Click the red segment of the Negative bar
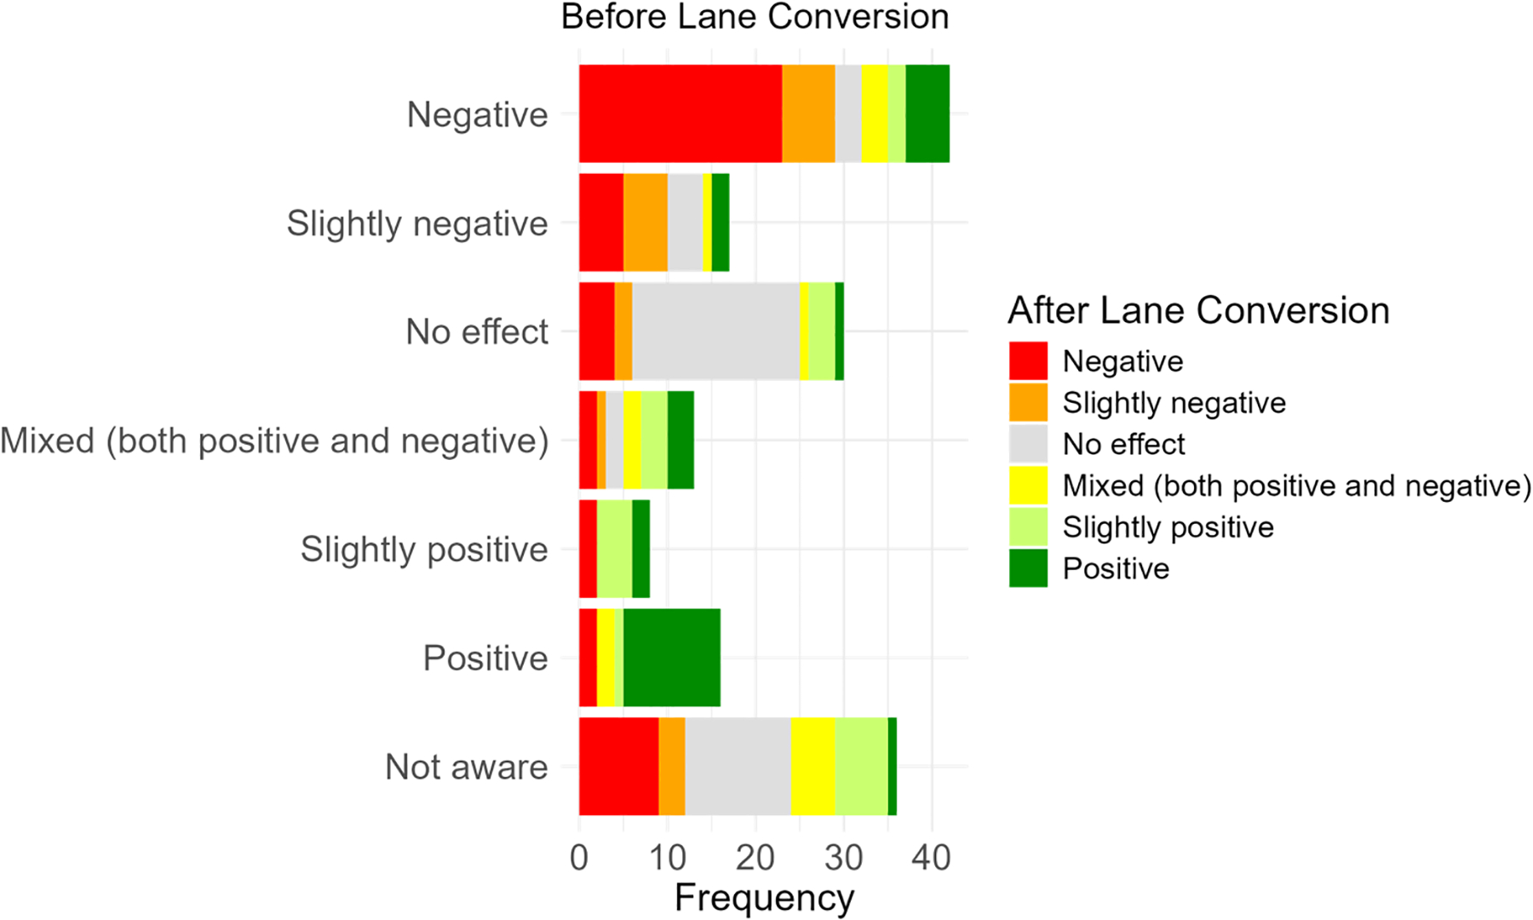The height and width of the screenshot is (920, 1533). click(x=680, y=113)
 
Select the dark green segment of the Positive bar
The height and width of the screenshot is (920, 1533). click(x=671, y=658)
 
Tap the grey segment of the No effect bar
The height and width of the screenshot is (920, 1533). click(x=715, y=331)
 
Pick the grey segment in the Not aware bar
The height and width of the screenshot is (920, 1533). click(x=738, y=767)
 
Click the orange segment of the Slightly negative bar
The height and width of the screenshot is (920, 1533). click(x=645, y=222)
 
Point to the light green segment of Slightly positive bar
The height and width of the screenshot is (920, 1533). click(x=614, y=549)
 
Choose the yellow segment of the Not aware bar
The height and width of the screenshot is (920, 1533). click(x=812, y=767)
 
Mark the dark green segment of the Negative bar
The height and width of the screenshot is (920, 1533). click(x=927, y=113)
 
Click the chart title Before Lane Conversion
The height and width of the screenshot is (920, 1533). click(x=755, y=17)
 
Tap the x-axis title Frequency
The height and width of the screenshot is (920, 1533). click(x=764, y=898)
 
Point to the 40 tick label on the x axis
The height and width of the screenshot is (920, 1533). click(x=931, y=857)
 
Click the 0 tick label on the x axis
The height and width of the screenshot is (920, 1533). click(x=579, y=857)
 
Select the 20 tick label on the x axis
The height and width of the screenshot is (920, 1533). click(x=755, y=857)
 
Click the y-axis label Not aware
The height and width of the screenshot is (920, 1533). click(x=466, y=767)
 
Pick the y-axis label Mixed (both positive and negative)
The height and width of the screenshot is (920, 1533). click(x=274, y=440)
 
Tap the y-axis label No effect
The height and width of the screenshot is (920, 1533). click(x=476, y=331)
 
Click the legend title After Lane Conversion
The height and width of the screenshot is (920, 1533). click(x=1198, y=310)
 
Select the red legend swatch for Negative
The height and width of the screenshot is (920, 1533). click(x=1028, y=361)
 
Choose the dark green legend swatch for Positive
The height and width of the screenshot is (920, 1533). click(x=1028, y=568)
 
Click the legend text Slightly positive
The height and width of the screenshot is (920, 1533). click(x=1168, y=527)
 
